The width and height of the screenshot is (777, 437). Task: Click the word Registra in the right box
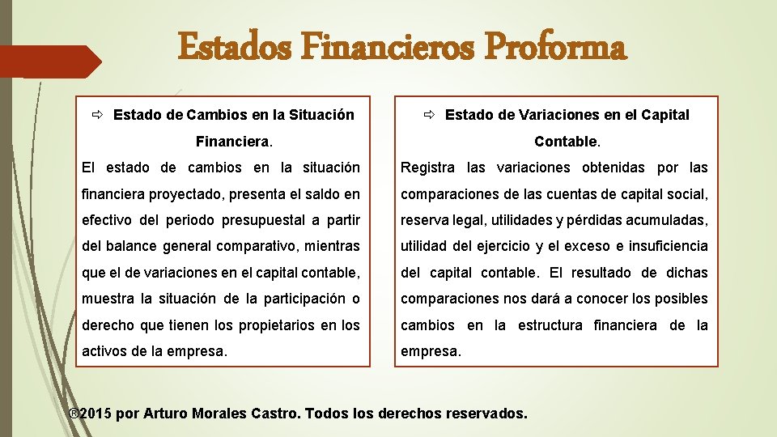(x=430, y=168)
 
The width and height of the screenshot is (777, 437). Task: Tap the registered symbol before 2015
(x=73, y=414)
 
